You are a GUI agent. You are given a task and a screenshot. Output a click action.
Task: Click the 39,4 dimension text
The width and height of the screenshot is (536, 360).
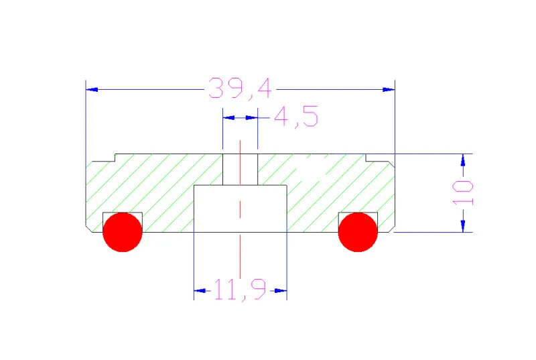coord(240,88)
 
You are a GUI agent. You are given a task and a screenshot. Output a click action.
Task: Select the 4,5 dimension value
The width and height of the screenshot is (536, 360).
coord(296,117)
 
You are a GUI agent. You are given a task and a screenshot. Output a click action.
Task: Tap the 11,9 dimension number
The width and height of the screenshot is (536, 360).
coord(240,290)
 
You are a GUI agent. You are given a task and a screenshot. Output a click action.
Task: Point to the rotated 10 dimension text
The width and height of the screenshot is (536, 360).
coord(463,193)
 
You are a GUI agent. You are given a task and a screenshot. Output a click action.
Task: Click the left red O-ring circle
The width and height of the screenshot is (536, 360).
coord(123,232)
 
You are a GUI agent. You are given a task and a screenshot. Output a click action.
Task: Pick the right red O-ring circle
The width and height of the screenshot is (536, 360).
coord(358,232)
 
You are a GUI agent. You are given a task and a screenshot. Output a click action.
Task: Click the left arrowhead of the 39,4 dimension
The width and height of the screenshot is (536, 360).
coord(92,90)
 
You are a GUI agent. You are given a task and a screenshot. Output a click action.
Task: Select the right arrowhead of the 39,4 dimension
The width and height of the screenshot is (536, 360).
coord(389,90)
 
